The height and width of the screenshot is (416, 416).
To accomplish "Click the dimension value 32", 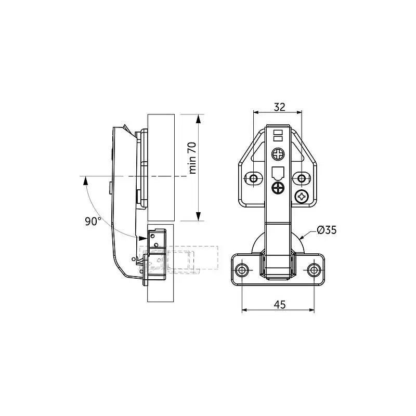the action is [280, 107].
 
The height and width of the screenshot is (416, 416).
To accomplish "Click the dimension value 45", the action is [280, 305].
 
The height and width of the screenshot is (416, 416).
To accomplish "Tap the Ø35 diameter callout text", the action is [327, 230].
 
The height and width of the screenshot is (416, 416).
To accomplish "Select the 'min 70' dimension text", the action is [192, 158].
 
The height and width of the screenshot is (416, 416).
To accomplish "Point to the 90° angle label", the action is [93, 222].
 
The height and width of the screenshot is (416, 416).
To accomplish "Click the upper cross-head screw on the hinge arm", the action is [278, 154].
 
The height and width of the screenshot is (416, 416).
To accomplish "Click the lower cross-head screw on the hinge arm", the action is [278, 188].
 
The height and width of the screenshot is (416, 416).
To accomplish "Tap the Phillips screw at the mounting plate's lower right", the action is [302, 197].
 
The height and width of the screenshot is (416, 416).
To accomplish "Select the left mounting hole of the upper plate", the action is [254, 178].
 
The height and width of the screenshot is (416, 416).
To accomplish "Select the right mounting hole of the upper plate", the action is [302, 178].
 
